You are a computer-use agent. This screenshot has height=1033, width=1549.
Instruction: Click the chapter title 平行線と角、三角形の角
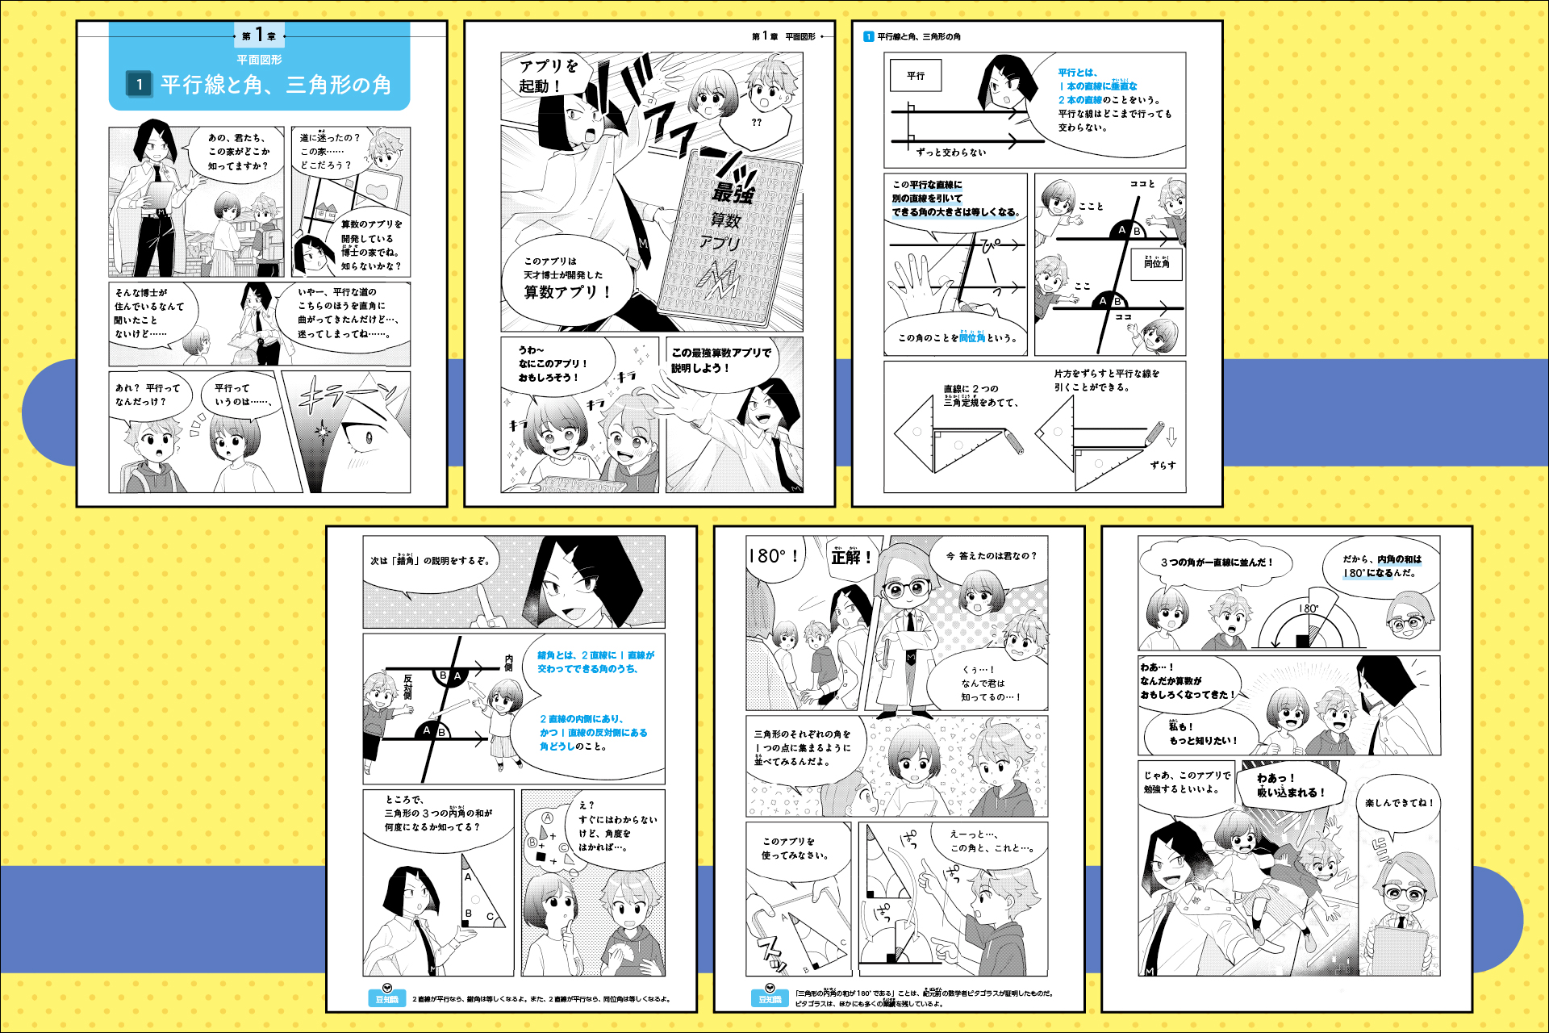275,85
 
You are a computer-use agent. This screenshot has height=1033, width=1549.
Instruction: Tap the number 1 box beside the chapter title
139,84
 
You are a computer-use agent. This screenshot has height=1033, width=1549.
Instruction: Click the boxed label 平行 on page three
916,76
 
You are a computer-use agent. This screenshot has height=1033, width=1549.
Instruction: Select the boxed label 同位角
1156,263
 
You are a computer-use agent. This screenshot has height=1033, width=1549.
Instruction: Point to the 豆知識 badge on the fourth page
386,997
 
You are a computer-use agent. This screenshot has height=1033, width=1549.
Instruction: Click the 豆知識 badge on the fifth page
770,997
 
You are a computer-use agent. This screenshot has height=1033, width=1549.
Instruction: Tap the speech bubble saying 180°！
773,556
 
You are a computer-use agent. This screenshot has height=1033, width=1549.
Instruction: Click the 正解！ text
851,557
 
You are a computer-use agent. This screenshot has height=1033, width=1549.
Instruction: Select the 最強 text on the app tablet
733,193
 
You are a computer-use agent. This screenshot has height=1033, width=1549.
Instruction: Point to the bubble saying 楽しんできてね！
1399,803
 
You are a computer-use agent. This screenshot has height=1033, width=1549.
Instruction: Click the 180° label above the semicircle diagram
1309,609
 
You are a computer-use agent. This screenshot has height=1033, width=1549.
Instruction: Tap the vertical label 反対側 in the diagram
407,687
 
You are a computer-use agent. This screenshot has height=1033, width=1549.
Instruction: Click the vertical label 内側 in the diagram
508,663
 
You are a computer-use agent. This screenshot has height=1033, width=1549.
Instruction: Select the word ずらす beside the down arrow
1163,465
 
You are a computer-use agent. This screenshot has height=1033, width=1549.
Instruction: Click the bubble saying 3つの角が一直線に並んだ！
1216,563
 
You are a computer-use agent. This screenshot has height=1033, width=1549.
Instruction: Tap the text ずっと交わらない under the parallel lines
951,152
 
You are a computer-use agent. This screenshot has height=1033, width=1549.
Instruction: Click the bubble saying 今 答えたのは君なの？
992,556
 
